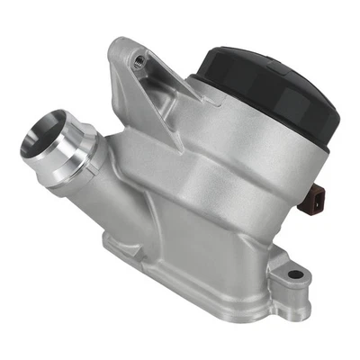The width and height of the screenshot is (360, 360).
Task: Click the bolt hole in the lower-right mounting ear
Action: [293, 274]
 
